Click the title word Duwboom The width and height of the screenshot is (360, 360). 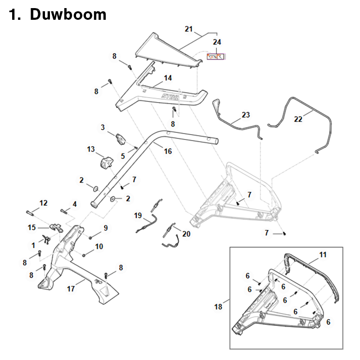pos(68,14)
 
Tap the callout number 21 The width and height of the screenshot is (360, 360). pos(189,29)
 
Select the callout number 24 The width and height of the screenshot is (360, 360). pos(217,42)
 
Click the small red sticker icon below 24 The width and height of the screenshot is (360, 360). pos(215,56)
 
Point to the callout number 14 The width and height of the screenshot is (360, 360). pos(167,78)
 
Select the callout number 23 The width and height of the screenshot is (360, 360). pos(245,115)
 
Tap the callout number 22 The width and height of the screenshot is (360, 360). pos(298,119)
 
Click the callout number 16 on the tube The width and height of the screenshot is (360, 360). pos(167,152)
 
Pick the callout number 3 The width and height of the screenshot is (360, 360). pos(103,128)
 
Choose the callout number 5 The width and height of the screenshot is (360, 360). pos(123,156)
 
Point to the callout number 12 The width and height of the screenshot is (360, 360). pos(43,203)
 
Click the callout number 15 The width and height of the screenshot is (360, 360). pos(31,228)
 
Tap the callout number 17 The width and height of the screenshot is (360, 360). pos(71,289)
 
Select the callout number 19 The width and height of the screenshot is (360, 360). pos(138,216)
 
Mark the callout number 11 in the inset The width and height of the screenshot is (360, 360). pos(323,255)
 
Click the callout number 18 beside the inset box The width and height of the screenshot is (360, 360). pos(218,307)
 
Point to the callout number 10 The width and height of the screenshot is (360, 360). pos(99,246)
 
